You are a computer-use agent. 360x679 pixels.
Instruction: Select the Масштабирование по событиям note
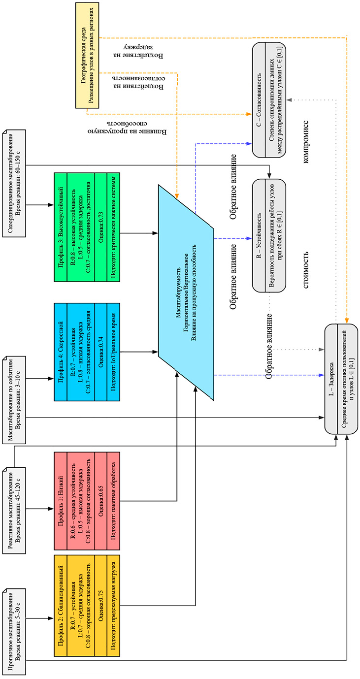(x=15, y=378)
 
